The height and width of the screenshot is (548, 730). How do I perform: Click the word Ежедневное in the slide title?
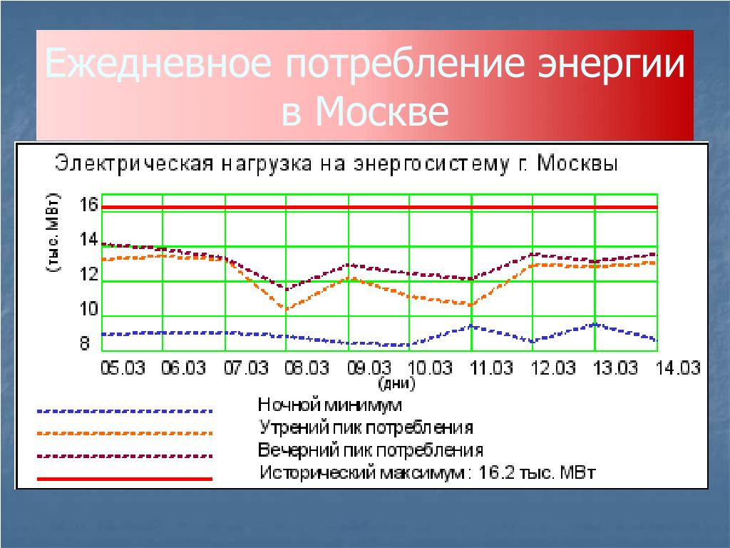pyautogui.click(x=158, y=63)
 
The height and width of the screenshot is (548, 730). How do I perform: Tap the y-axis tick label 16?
pyautogui.click(x=88, y=205)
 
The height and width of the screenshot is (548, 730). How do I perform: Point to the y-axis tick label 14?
pyautogui.click(x=88, y=240)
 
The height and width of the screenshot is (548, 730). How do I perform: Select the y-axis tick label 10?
pyautogui.click(x=88, y=309)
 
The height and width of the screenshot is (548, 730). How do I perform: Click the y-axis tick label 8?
pyautogui.click(x=84, y=343)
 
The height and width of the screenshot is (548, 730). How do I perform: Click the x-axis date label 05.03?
pyautogui.click(x=123, y=367)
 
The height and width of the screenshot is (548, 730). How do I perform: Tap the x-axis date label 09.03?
pyautogui.click(x=369, y=367)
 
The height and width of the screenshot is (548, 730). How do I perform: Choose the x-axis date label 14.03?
pyautogui.click(x=678, y=367)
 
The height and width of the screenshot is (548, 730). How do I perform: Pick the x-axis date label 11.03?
pyautogui.click(x=492, y=367)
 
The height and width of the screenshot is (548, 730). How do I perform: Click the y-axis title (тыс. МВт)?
pyautogui.click(x=53, y=232)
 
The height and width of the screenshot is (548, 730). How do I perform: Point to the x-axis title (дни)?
pyautogui.click(x=396, y=383)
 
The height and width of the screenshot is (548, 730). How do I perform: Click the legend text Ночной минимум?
pyautogui.click(x=329, y=405)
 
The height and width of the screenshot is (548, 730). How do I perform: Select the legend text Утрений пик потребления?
pyautogui.click(x=366, y=427)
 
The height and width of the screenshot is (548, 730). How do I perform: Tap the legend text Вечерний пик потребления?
pyautogui.click(x=371, y=450)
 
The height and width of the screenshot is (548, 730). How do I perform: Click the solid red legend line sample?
pyautogui.click(x=125, y=479)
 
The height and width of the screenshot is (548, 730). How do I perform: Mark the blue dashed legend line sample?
pyautogui.click(x=125, y=412)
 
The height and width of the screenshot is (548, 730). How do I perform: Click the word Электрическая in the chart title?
pyautogui.click(x=135, y=164)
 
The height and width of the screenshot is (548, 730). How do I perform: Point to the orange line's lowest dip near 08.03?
pyautogui.click(x=286, y=308)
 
